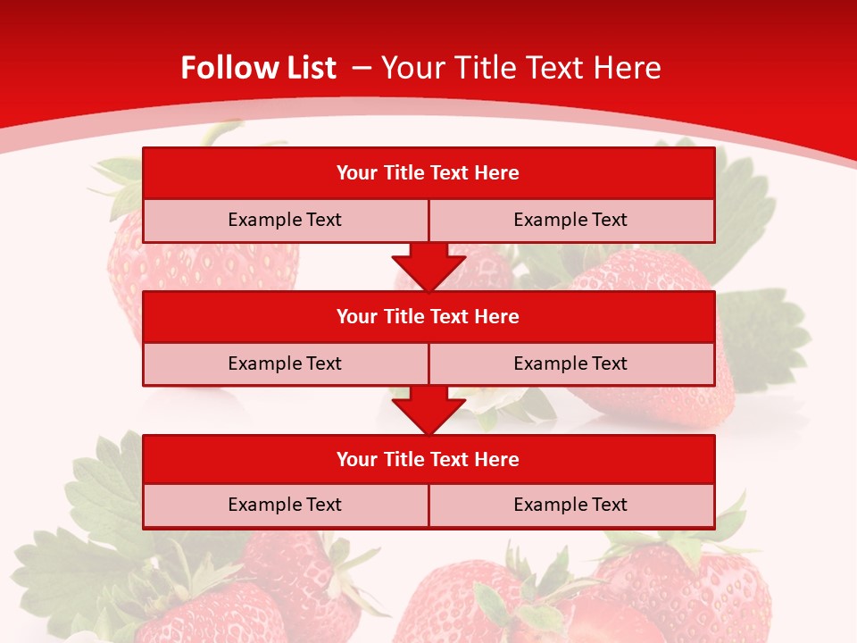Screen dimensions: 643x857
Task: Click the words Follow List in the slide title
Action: (x=258, y=68)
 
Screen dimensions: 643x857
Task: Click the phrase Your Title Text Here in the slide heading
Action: (x=520, y=68)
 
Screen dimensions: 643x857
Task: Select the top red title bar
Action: (x=428, y=173)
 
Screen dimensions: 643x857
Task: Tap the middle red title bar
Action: (x=428, y=316)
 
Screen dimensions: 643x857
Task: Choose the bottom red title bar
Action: (x=428, y=459)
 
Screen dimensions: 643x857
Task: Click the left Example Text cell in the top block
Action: (x=285, y=220)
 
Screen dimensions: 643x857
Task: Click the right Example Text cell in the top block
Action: (x=570, y=220)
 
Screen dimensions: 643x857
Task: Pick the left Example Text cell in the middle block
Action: (x=285, y=363)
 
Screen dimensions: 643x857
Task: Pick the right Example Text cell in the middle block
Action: (x=570, y=363)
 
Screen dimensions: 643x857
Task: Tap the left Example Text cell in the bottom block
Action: (x=285, y=505)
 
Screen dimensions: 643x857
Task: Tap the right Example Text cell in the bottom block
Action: (x=570, y=505)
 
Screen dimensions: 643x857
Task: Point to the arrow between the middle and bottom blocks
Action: (x=428, y=411)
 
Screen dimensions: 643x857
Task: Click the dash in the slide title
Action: (x=362, y=68)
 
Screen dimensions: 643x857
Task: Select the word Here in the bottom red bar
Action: (x=497, y=459)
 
